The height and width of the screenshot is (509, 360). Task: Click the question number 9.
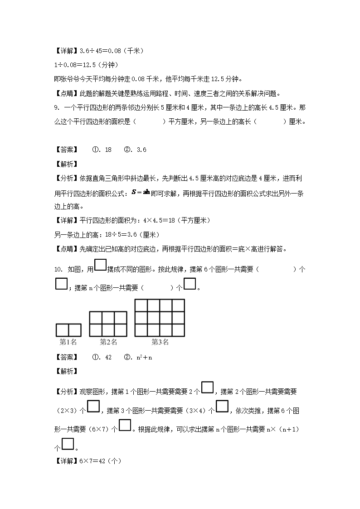[56, 107]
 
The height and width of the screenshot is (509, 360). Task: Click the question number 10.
[58, 270]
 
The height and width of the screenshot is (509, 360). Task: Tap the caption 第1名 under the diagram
[68, 342]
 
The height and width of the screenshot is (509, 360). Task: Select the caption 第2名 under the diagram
[108, 342]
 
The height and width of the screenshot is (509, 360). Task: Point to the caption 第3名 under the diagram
[160, 342]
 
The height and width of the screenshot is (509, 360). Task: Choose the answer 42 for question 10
[108, 357]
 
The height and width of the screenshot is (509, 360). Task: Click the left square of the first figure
[62, 330]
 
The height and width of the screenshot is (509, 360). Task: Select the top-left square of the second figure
[96, 318]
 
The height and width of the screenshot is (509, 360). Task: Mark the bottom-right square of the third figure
[178, 330]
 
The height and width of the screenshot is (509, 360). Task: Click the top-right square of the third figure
[178, 305]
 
